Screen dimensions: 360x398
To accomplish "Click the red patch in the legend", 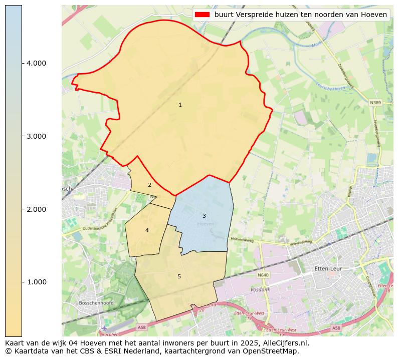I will click(203, 15).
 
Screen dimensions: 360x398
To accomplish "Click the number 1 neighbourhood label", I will click(180, 105).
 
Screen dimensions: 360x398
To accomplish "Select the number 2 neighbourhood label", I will click(149, 185).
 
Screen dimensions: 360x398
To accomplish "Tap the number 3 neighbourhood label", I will click(204, 216).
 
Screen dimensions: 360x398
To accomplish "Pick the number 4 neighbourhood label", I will click(147, 230).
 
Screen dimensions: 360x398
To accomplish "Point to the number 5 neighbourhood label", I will click(179, 276).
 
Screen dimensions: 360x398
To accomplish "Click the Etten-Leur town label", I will click(328, 269).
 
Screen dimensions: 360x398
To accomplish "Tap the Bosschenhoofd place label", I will click(96, 303).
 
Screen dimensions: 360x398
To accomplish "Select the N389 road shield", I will click(375, 103).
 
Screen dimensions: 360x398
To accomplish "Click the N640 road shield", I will click(263, 275).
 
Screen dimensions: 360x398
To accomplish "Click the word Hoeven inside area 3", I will click(206, 224).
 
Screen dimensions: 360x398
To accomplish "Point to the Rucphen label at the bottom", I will click(110, 334).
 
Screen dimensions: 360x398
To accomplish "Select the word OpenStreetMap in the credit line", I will click(273, 351).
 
